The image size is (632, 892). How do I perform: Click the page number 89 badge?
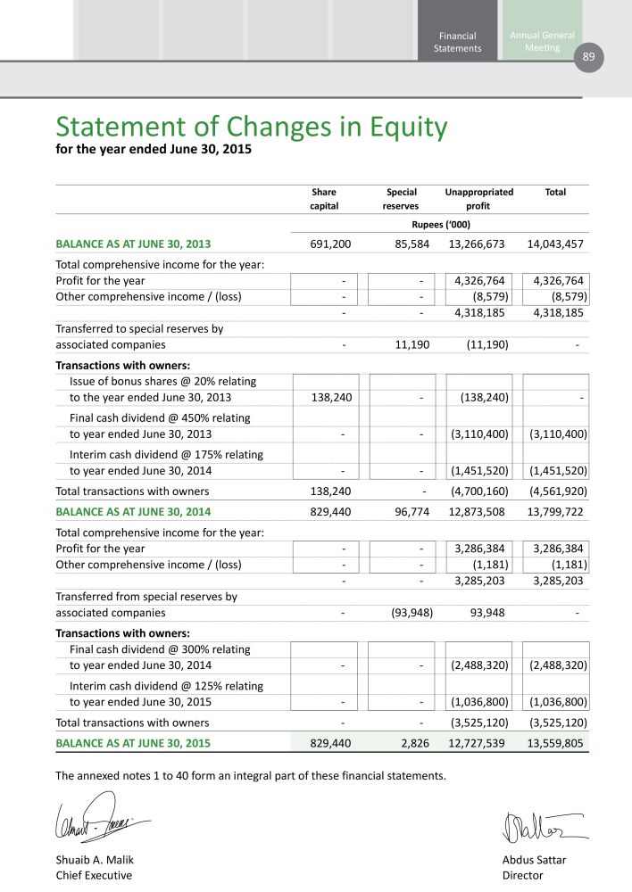point(588,57)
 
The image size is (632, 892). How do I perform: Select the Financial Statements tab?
point(457,42)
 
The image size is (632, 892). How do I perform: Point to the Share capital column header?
point(324,199)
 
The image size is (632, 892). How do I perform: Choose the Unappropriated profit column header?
point(478,199)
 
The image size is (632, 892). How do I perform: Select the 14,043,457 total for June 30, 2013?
point(555,243)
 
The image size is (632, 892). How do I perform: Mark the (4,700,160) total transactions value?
point(478,491)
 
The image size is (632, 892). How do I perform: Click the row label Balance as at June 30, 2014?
point(133,512)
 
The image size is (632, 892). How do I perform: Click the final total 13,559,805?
point(555,741)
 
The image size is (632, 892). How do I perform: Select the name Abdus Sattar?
point(535,860)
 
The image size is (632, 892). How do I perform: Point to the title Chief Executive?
point(94,875)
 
